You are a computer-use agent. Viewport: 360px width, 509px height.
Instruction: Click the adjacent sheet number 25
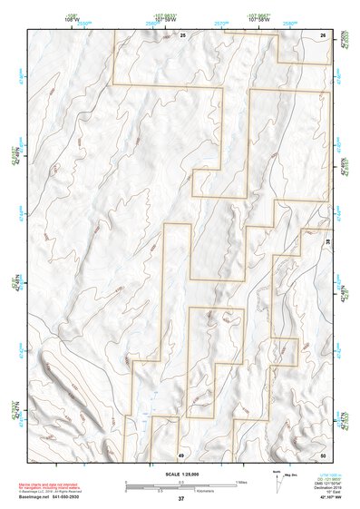181,34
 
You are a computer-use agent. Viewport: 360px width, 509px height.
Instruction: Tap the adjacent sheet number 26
323,34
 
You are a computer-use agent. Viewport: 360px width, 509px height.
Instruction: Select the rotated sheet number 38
328,243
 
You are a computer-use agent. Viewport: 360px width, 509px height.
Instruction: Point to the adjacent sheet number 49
181,454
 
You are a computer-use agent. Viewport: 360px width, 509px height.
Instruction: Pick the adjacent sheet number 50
323,454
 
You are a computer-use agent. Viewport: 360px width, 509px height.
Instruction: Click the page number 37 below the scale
180,498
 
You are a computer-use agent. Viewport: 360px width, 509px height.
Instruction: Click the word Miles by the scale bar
241,482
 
